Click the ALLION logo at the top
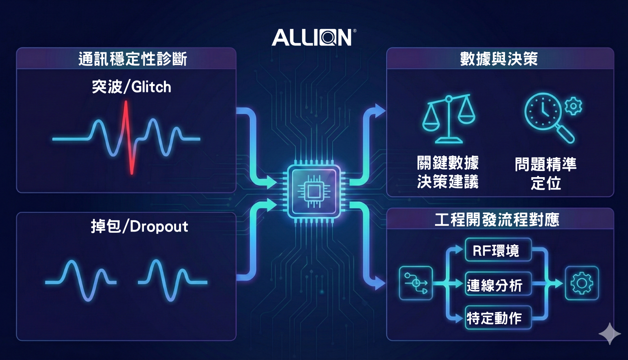(313, 37)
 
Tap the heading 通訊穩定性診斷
(132, 59)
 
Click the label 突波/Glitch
(131, 87)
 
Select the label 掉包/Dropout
(139, 226)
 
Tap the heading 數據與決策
(499, 59)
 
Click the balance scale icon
(449, 118)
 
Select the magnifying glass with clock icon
(547, 116)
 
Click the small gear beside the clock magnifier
(573, 106)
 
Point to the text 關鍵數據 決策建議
(448, 172)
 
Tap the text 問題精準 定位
(545, 173)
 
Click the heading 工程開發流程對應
(497, 220)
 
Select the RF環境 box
(498, 250)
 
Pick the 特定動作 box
(498, 317)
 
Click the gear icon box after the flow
(581, 283)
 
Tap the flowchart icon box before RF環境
(416, 283)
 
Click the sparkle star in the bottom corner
(610, 334)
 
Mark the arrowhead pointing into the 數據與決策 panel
(380, 110)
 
